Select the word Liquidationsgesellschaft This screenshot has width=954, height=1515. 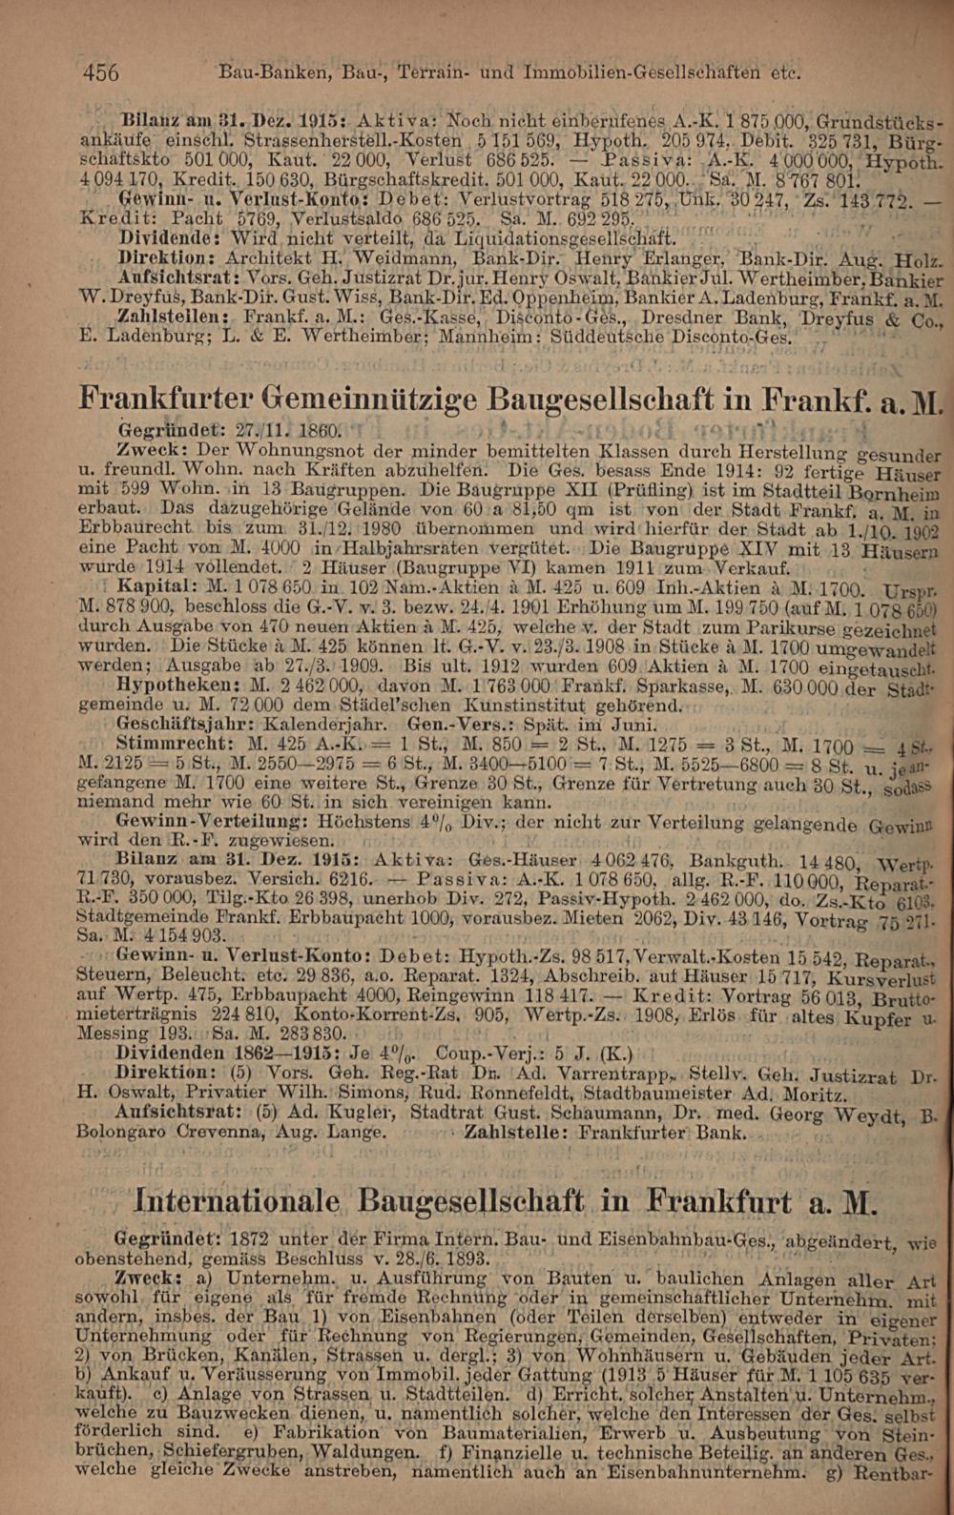567,237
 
